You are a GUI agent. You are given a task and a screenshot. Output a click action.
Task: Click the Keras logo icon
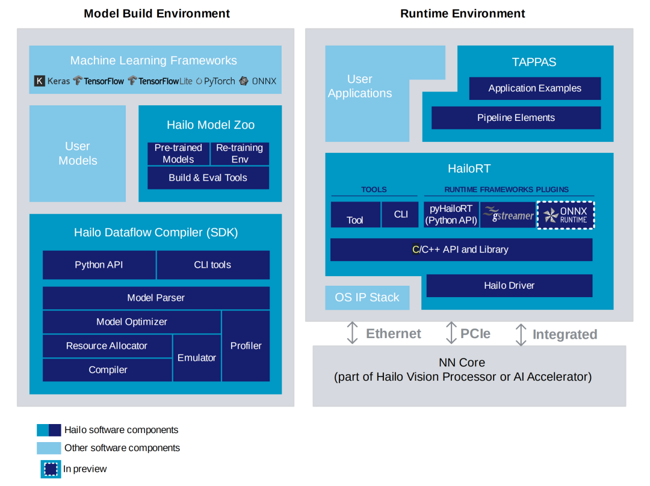39,81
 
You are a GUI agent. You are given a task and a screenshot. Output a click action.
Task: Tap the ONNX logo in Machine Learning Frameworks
244,81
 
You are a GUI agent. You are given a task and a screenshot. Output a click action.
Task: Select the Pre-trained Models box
179,154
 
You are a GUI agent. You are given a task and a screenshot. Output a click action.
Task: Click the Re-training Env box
240,154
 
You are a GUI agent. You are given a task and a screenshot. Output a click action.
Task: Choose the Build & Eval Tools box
208,178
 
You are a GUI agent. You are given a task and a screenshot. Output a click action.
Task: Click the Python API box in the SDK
99,265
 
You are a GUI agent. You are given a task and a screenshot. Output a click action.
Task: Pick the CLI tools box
213,265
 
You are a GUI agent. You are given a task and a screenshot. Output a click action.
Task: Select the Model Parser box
156,298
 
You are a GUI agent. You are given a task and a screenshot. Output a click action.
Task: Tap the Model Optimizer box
132,322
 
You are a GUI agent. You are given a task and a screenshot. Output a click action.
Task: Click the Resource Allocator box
107,346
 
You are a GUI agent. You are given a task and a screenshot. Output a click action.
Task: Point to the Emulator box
197,358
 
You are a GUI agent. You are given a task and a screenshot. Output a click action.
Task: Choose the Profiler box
246,346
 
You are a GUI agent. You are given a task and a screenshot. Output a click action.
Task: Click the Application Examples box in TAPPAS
535,88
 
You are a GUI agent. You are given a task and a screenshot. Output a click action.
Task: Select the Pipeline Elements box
516,118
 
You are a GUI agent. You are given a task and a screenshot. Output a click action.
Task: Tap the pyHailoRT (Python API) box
451,215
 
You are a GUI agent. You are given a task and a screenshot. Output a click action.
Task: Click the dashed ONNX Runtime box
566,215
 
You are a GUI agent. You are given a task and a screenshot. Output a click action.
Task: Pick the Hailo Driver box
510,286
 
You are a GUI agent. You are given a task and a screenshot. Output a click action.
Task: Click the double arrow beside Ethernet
352,333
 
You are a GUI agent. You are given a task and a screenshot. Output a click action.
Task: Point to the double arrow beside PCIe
451,333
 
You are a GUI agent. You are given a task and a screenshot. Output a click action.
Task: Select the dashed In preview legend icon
51,469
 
